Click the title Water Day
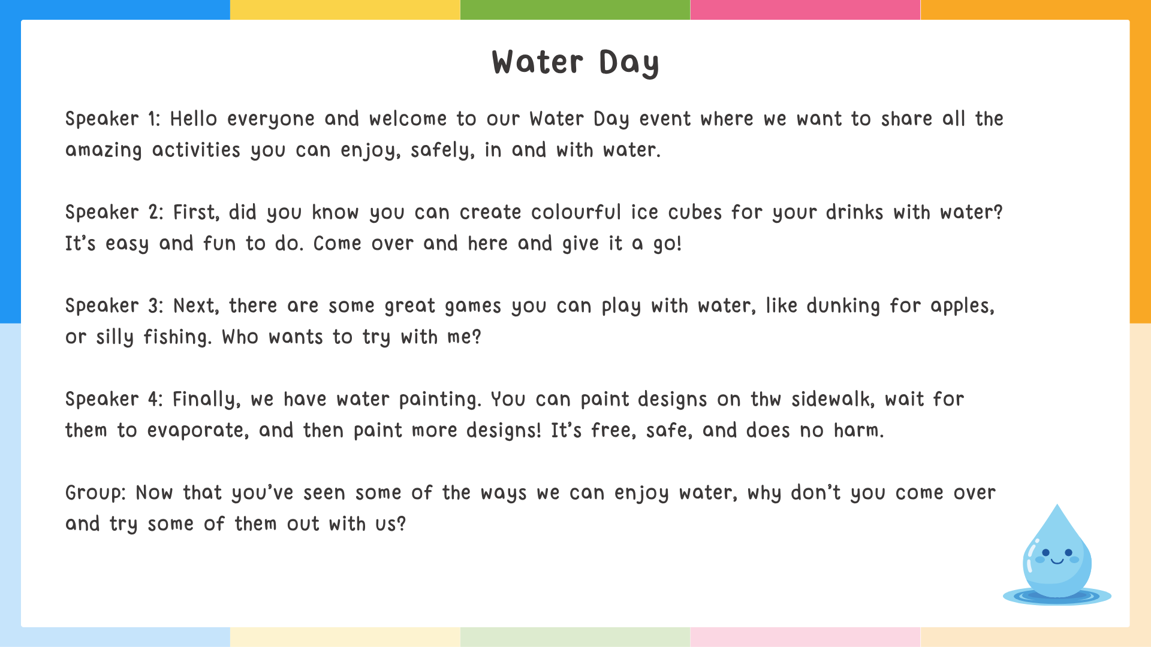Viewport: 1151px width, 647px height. coord(575,62)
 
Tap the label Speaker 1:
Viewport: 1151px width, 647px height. coord(113,119)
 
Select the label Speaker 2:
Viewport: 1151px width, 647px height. coord(114,213)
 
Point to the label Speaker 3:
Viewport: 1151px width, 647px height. coord(114,306)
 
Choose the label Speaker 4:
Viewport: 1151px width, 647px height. coord(114,400)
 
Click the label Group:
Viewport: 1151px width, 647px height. coord(95,493)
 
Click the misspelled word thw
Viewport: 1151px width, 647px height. coord(766,400)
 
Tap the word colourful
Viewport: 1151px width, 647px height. coord(575,213)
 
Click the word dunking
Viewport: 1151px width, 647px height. coord(843,306)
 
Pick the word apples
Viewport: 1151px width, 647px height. coord(962,306)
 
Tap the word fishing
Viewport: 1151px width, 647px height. coord(177,337)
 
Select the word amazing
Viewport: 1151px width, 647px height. coord(103,150)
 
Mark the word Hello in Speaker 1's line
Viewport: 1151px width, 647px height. coord(193,119)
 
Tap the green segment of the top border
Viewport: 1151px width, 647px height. coord(575,10)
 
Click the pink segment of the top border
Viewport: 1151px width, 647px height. coord(805,10)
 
